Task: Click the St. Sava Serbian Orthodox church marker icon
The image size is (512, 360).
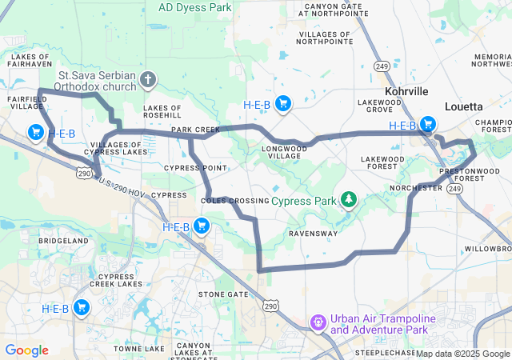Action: point(146,79)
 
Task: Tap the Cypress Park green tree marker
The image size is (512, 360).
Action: point(348,198)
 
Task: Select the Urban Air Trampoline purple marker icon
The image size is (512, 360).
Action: point(318,322)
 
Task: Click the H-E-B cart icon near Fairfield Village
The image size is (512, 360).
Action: point(36,133)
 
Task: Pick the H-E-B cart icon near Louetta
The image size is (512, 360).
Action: point(428,124)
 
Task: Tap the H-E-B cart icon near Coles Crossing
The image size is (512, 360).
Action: point(201,227)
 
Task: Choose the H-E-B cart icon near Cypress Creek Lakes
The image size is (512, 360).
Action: point(81,307)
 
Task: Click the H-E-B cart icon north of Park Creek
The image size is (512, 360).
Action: point(282,103)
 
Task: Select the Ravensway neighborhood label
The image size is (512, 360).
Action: point(312,234)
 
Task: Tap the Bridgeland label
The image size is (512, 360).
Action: point(63,240)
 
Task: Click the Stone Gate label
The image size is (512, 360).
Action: point(223,294)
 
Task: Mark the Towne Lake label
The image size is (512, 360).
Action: point(139,349)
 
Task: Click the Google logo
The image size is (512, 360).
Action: point(26,350)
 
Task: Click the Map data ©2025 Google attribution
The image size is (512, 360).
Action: point(462,354)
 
